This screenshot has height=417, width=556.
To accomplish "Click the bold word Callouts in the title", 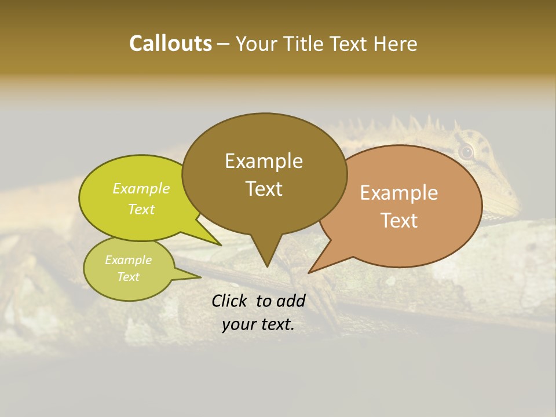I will (x=170, y=43).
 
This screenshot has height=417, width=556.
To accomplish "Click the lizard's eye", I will (x=466, y=152).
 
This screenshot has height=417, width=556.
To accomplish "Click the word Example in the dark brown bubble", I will (x=264, y=160).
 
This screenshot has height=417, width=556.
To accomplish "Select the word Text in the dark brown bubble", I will (x=264, y=188).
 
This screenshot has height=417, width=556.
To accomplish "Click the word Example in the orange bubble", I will (x=399, y=192).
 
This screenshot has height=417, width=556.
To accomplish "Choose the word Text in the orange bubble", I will (x=399, y=220).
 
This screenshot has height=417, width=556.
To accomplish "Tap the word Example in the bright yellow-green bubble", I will (x=141, y=188).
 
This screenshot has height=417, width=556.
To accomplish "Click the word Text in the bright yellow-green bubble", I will (x=141, y=209).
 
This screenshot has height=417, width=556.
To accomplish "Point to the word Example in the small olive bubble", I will (x=128, y=260).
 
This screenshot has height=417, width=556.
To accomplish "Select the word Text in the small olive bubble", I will (x=128, y=277).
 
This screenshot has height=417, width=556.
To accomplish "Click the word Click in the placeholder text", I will (x=230, y=301).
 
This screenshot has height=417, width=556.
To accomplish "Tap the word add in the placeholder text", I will (x=291, y=301).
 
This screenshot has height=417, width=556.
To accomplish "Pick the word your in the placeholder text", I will (x=238, y=324).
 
